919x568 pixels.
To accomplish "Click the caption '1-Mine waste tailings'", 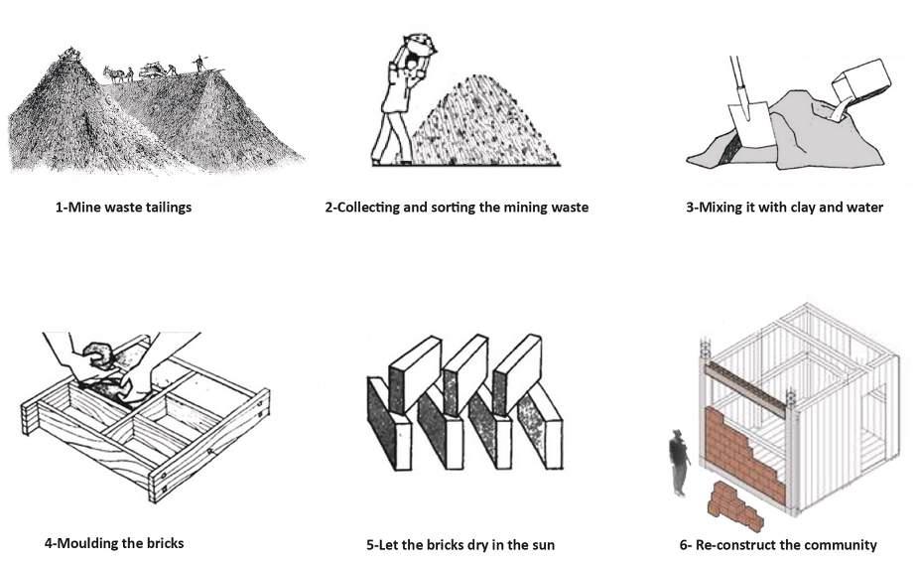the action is click(123, 208).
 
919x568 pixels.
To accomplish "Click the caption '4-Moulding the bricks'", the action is click(114, 543).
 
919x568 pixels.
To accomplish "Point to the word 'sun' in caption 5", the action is click(542, 545).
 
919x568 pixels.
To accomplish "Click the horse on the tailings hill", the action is click(114, 73).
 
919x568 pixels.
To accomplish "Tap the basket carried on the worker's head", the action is click(420, 45).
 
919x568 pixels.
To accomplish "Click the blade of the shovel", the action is click(752, 124).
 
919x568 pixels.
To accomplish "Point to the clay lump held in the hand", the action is click(100, 355).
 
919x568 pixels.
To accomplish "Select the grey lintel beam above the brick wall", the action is click(744, 388).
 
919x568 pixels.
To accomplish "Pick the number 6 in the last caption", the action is click(684, 545).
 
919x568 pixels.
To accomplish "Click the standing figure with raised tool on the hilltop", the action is click(199, 64).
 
